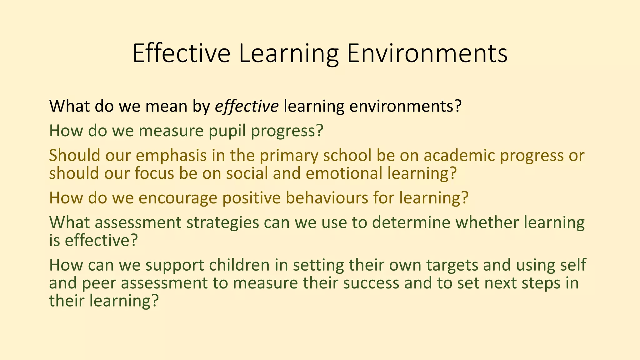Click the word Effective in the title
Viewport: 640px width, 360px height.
pyautogui.click(x=181, y=53)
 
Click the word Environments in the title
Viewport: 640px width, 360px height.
pyautogui.click(x=427, y=53)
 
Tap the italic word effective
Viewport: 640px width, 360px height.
pyautogui.click(x=247, y=106)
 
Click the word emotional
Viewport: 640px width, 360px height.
pyautogui.click(x=344, y=173)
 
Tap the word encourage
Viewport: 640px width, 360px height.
pyautogui.click(x=178, y=198)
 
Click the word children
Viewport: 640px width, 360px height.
pyautogui.click(x=239, y=265)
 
